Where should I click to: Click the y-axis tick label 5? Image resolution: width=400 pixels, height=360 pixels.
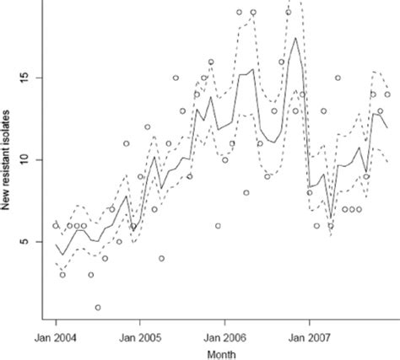(28, 242)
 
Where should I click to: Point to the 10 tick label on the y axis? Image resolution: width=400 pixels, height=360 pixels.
(28, 159)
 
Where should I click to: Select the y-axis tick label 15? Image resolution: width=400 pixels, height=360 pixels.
(28, 78)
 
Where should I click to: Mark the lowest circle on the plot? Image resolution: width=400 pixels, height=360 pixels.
(98, 308)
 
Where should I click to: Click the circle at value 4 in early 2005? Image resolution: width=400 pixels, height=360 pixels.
(161, 258)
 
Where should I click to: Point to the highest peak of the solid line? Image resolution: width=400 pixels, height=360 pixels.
(295, 38)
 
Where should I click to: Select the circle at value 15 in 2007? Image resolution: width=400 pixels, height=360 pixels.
(338, 78)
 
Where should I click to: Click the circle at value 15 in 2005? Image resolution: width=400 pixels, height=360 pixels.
(176, 78)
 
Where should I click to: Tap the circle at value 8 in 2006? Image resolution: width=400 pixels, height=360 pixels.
(246, 192)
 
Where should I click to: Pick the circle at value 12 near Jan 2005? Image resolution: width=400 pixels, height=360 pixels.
(147, 127)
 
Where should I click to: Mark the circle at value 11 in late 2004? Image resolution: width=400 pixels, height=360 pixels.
(126, 143)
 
